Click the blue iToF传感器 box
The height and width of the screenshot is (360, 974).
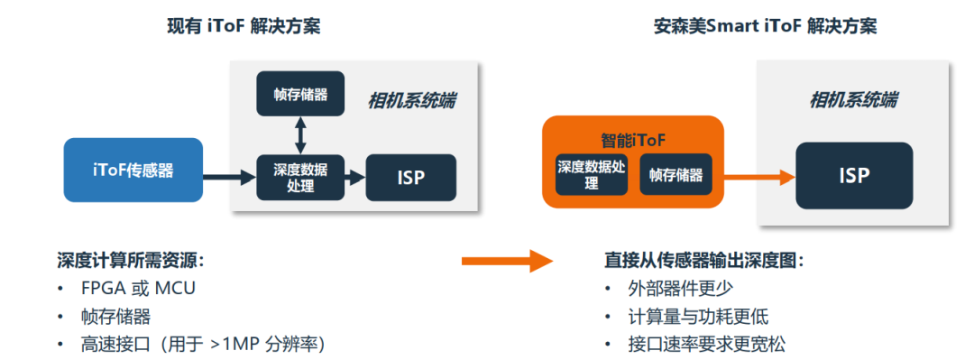[133, 170]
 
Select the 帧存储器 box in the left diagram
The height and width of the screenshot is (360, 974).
[300, 94]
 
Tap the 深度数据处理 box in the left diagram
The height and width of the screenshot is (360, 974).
[300, 176]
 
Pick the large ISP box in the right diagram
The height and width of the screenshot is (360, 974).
[853, 175]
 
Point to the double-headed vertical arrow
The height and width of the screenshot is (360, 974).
[300, 134]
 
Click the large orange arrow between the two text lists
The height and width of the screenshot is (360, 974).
[506, 261]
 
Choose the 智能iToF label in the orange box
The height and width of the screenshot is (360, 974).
[632, 141]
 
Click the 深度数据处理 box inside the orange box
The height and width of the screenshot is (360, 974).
[591, 175]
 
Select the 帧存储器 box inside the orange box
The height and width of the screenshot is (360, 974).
[675, 175]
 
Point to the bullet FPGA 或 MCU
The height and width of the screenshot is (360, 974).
[137, 289]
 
